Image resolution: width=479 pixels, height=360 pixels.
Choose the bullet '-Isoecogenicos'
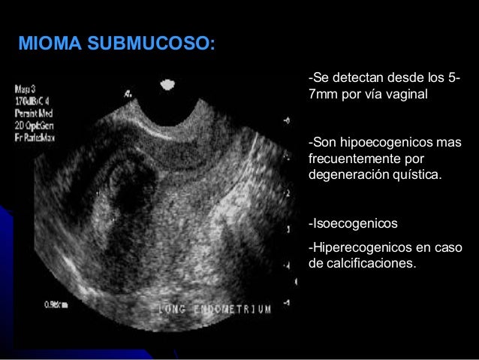(x=353, y=224)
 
